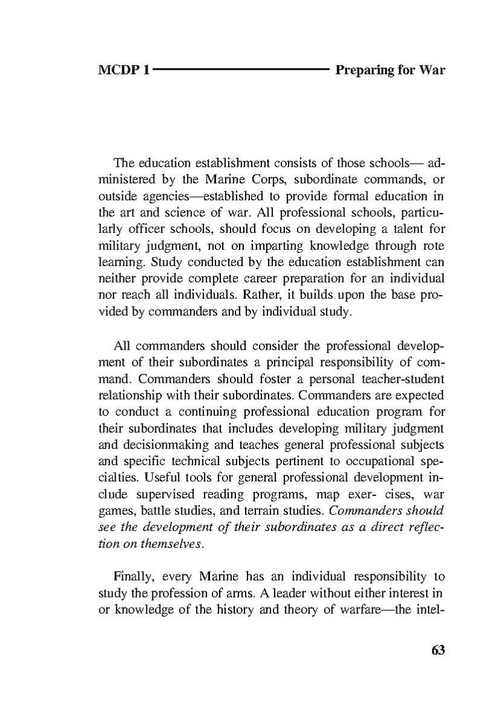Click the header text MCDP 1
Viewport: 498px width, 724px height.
pyautogui.click(x=123, y=70)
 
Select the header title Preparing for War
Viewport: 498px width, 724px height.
pyautogui.click(x=390, y=70)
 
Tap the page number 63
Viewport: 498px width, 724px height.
pyautogui.click(x=438, y=650)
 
